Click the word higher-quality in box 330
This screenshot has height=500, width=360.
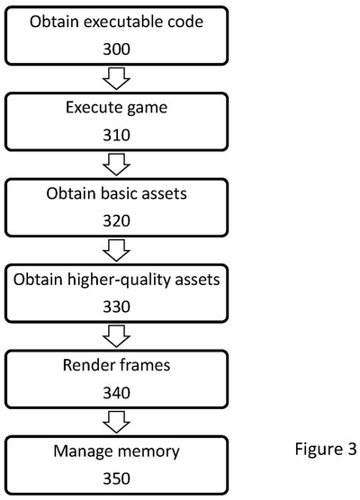tap(128, 280)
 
